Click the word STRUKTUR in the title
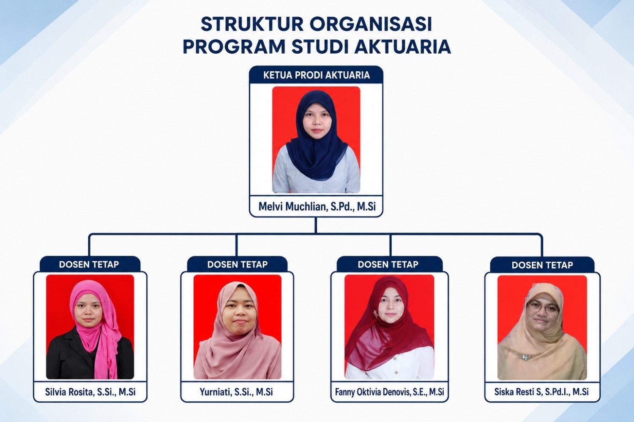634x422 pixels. tap(252, 24)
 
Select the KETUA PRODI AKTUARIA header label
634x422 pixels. tap(317, 75)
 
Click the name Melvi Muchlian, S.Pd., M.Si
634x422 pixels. tap(317, 207)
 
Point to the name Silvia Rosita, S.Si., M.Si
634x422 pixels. tap(90, 392)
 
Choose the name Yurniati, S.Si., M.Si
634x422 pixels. tap(236, 392)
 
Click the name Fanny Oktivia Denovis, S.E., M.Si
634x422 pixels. tap(389, 392)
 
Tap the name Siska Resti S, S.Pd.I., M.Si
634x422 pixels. tap(541, 392)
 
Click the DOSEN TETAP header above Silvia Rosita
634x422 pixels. tap(89, 264)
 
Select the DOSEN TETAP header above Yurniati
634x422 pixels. tap(238, 264)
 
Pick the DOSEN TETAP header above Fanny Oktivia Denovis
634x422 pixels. tap(388, 264)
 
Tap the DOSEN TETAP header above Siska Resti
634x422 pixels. tap(542, 265)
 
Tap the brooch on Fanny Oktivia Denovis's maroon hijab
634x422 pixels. tap(376, 313)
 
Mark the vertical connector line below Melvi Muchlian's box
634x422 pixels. tap(316, 225)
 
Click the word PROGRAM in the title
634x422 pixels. tap(234, 47)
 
